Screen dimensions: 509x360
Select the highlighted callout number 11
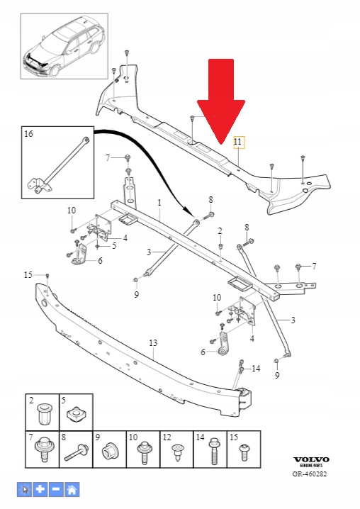coord(238,142)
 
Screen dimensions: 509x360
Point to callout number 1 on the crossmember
coord(159,203)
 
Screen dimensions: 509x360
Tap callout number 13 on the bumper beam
coord(152,342)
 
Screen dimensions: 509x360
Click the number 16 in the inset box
coord(28,133)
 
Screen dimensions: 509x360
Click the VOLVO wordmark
coord(311,460)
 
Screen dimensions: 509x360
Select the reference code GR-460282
coord(310,474)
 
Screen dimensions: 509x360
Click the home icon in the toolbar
coord(72,488)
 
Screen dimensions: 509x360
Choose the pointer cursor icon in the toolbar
coord(25,488)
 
